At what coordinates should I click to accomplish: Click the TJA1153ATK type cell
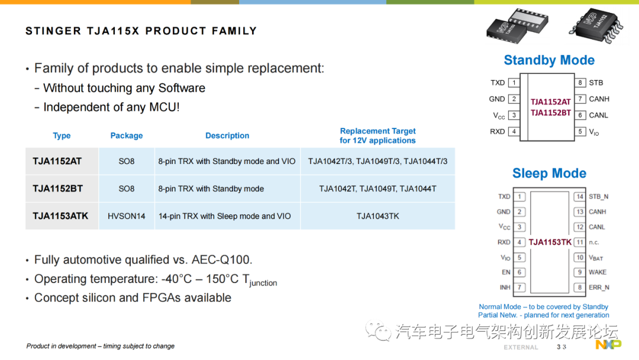(60, 216)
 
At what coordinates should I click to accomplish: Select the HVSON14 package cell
(127, 216)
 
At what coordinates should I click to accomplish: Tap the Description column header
(227, 136)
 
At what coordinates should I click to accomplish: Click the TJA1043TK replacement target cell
(377, 216)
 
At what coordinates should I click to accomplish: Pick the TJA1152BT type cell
(58, 189)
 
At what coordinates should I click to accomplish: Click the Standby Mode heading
(549, 60)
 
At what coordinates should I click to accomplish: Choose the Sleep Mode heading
(549, 173)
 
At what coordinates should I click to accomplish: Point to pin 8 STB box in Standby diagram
(580, 83)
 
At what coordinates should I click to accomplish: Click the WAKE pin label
(598, 272)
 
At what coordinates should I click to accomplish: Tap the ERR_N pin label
(599, 288)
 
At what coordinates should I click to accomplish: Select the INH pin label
(505, 288)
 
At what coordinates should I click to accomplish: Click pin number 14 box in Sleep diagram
(580, 197)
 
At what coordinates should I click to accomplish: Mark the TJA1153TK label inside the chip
(550, 242)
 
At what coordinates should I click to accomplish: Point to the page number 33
(561, 347)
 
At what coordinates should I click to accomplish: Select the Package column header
(127, 136)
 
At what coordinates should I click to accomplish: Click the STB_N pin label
(599, 197)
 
